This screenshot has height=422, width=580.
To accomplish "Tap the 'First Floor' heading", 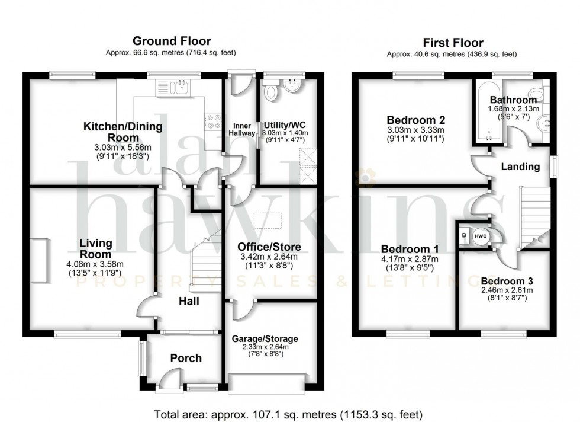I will (452, 43).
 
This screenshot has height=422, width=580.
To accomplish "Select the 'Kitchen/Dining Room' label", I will (123, 132).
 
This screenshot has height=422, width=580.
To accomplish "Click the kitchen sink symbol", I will (172, 88).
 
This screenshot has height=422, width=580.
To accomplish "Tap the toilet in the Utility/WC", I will (272, 91).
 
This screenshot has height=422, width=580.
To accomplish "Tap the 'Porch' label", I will (185, 358).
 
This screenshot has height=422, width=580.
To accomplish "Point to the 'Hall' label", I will (189, 301).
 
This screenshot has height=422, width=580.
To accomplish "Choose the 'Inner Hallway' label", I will (243, 129).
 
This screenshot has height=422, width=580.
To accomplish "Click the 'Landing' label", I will (520, 167).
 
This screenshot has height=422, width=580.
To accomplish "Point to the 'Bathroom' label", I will (513, 100).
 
